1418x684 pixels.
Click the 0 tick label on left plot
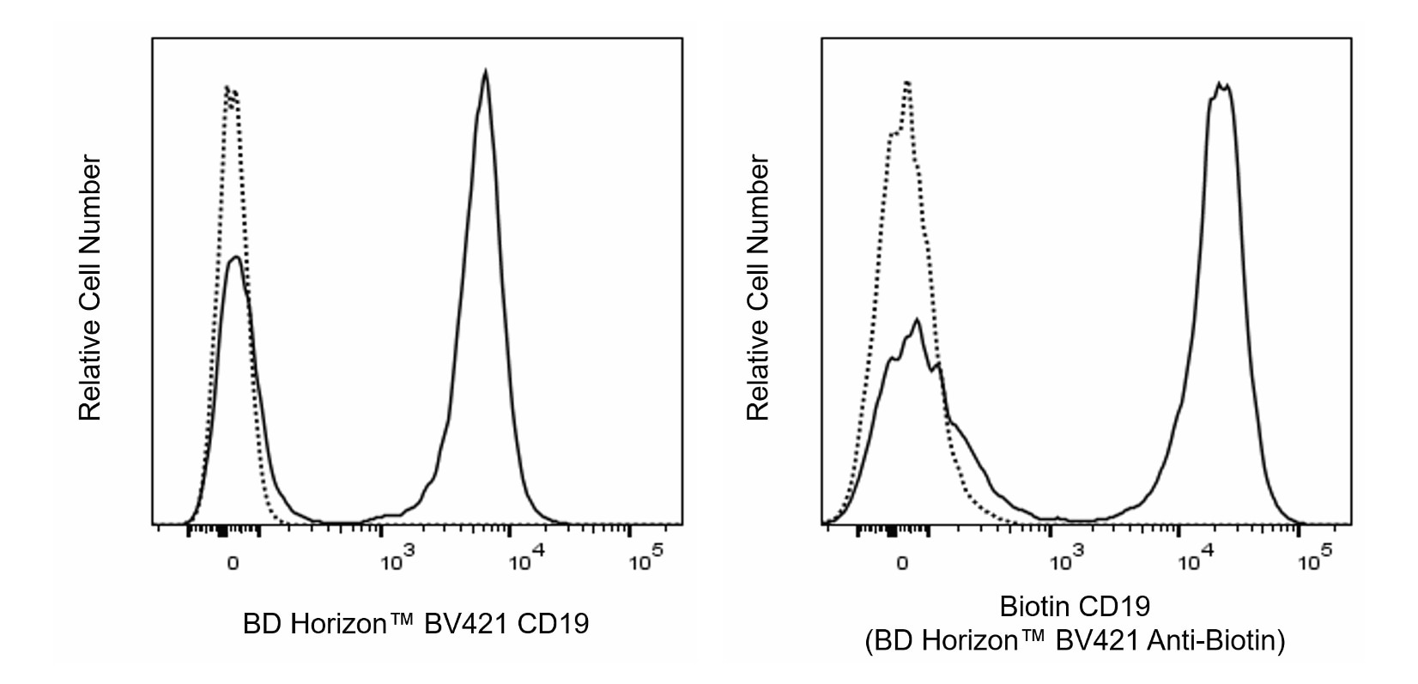tap(233, 564)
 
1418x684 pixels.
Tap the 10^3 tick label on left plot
tap(397, 561)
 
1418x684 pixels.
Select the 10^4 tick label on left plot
tap(525, 561)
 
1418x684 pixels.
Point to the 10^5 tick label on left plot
tap(645, 561)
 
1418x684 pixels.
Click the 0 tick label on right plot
tap(902, 564)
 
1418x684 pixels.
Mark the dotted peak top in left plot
tap(229, 87)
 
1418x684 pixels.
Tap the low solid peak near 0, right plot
tap(917, 320)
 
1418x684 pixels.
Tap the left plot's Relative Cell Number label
tap(90, 288)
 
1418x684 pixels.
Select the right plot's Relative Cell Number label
tap(757, 288)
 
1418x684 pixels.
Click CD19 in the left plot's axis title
tap(554, 624)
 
